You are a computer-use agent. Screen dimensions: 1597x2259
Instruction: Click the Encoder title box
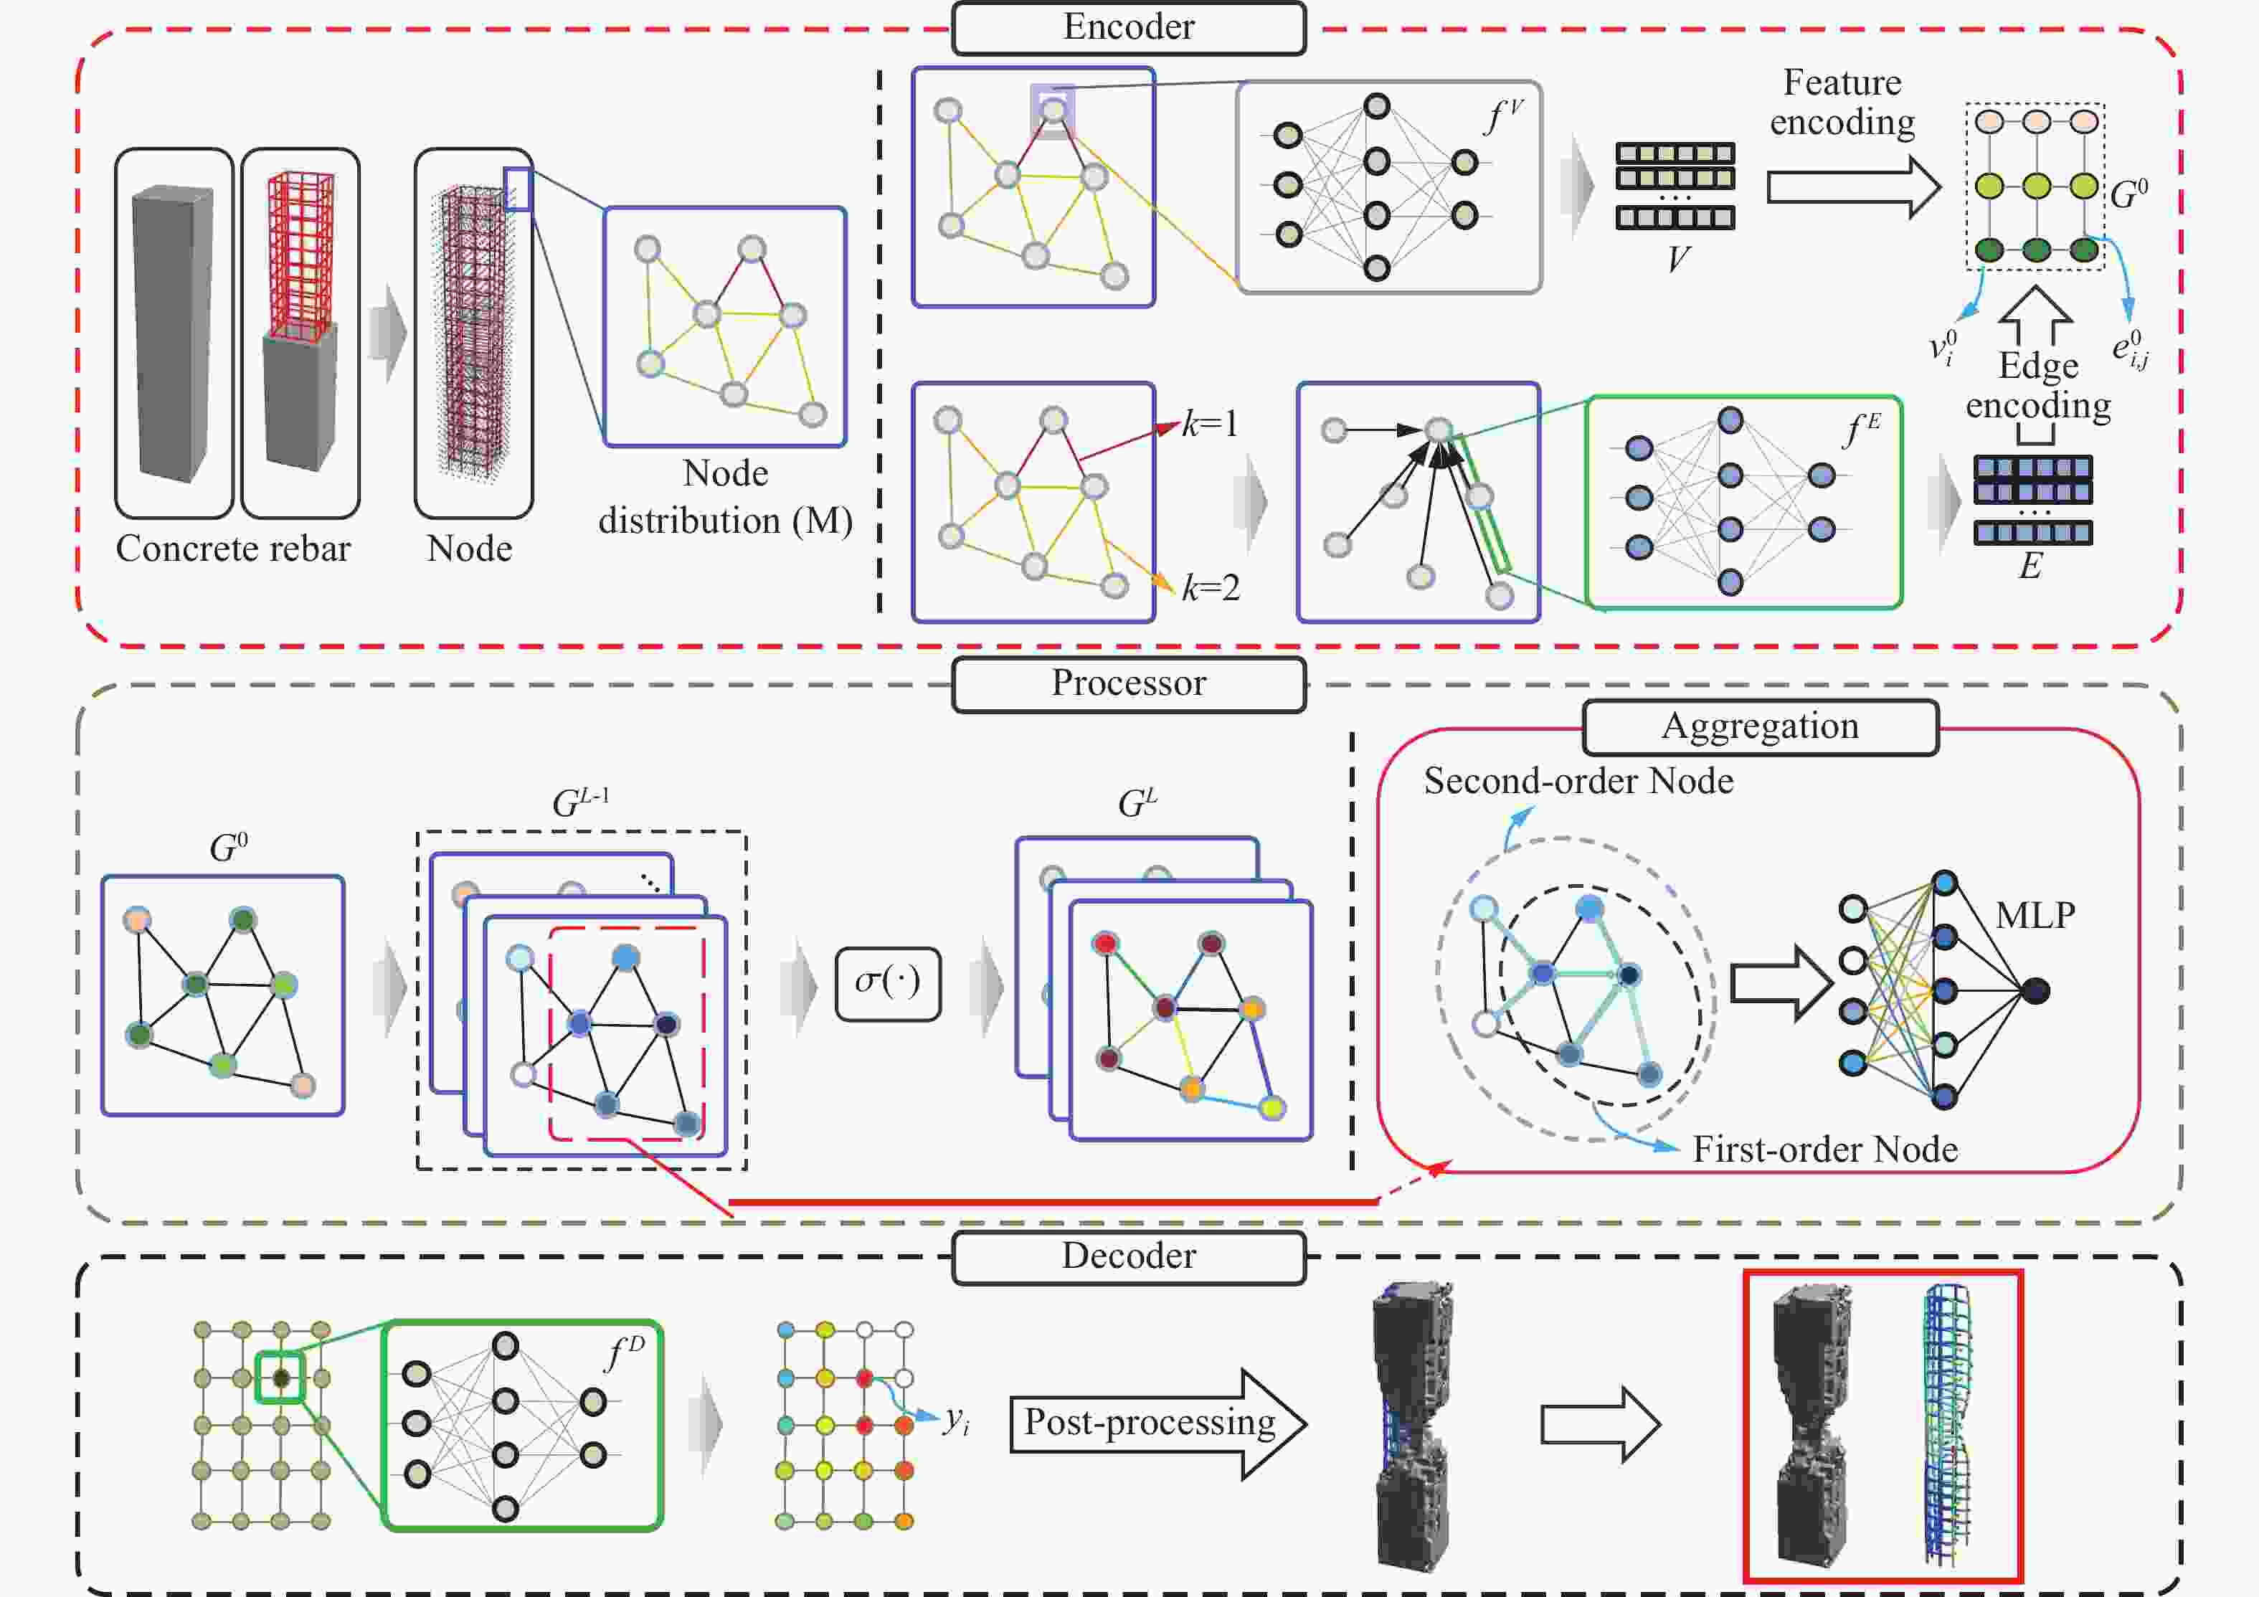1129,27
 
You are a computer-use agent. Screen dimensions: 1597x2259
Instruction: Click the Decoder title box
1129,1256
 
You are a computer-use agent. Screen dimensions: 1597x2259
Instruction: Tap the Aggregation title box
1760,727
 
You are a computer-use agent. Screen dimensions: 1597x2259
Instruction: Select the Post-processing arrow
1157,1423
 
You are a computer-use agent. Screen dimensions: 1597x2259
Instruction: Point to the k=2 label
1211,587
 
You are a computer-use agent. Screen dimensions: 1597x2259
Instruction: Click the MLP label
2035,916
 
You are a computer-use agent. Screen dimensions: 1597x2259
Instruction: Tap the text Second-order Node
1578,781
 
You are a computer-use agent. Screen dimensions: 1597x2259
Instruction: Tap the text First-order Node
1824,1150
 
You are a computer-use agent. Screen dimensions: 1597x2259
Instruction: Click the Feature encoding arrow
1852,187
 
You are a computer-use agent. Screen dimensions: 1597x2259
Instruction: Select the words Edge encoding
2037,386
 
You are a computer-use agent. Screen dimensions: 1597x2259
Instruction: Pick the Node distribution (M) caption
725,498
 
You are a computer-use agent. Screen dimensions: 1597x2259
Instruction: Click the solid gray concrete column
173,335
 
